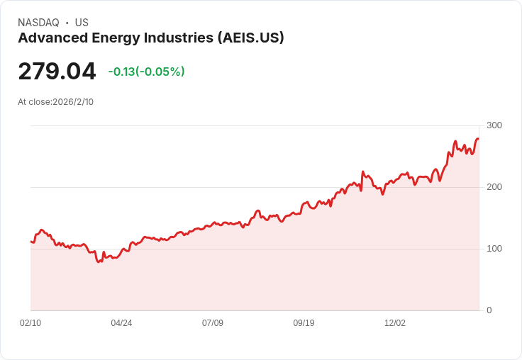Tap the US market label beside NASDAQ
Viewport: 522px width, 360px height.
[82, 23]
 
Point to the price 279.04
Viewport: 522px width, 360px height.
[57, 72]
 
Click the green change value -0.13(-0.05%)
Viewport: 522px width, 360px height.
[146, 72]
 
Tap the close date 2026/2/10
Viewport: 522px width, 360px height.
[73, 102]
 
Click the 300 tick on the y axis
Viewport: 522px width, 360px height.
[494, 125]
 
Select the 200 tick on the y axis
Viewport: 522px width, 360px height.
[494, 187]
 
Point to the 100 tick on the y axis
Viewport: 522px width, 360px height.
[494, 249]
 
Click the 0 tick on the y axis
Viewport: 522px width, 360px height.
[489, 310]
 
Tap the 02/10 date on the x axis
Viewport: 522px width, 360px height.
[30, 323]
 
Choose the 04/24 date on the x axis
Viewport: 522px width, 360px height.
[121, 323]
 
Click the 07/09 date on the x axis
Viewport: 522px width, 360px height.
[213, 323]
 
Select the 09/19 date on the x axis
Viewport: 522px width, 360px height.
[304, 323]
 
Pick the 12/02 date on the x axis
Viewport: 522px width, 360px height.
[395, 323]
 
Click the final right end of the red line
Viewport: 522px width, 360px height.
[478, 139]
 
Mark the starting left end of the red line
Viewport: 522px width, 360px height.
[31, 242]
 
